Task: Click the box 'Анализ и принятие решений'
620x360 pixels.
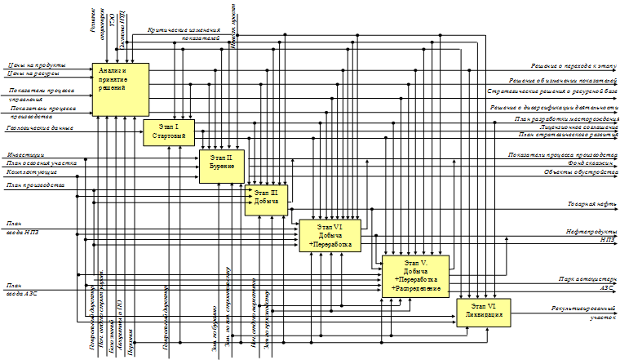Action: point(121,88)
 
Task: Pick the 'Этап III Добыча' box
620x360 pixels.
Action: point(267,198)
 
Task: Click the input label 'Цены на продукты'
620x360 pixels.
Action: point(36,65)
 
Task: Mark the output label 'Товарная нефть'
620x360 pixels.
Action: point(591,203)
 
